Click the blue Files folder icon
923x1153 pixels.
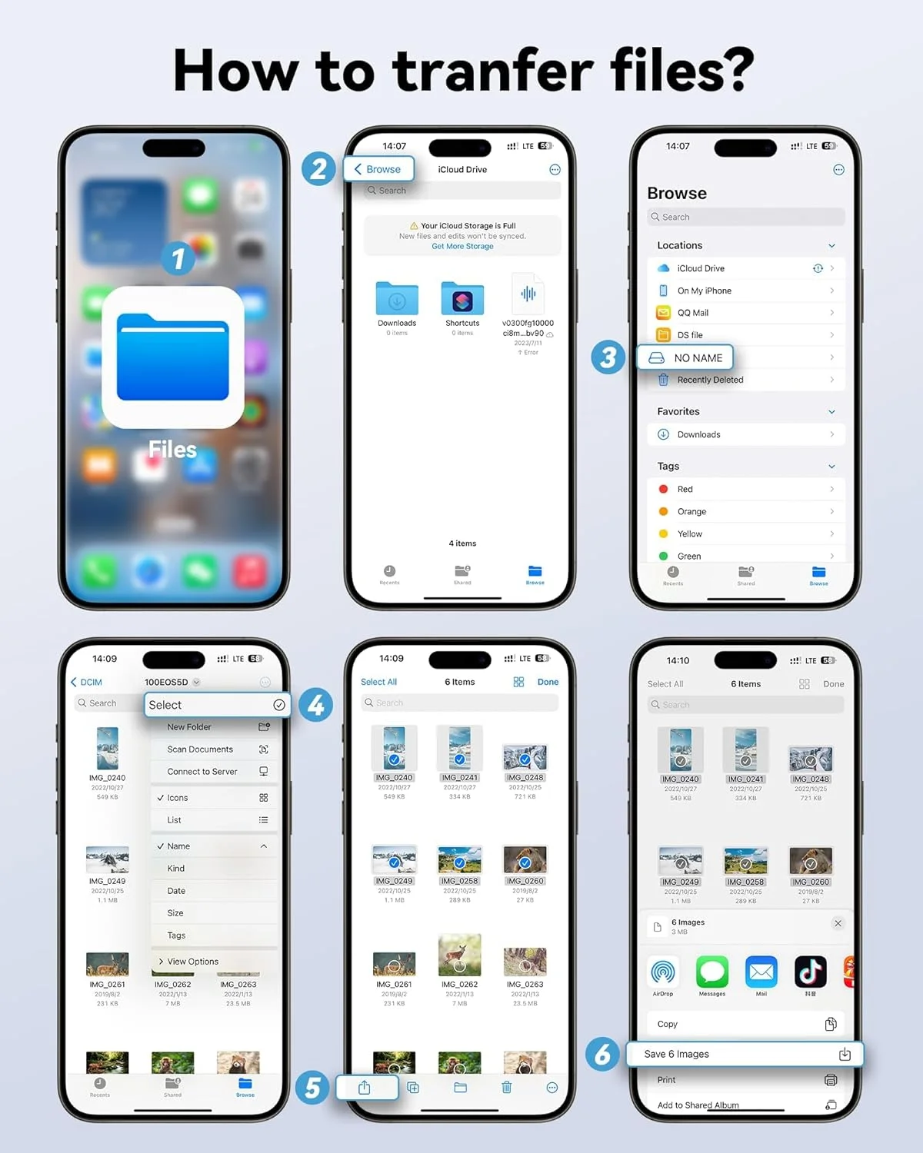click(x=173, y=357)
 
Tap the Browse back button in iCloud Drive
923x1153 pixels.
click(x=378, y=169)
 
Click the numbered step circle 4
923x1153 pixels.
click(x=315, y=705)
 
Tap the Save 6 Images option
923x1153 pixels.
click(x=744, y=1054)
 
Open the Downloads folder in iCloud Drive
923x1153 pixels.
click(x=397, y=299)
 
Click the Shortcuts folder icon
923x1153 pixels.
click(x=462, y=299)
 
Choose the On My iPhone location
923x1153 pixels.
click(x=704, y=291)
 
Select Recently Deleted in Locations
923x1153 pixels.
click(x=710, y=380)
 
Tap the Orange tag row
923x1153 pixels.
click(x=691, y=511)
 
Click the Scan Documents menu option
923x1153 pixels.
click(x=200, y=749)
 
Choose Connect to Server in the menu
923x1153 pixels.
click(x=202, y=771)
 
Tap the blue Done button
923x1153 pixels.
click(x=548, y=682)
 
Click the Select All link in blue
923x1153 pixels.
click(x=378, y=682)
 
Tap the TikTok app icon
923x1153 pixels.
click(x=810, y=972)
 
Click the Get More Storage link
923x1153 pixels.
click(x=462, y=246)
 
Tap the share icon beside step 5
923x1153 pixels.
click(x=365, y=1088)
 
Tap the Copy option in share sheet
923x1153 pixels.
click(x=668, y=1024)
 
